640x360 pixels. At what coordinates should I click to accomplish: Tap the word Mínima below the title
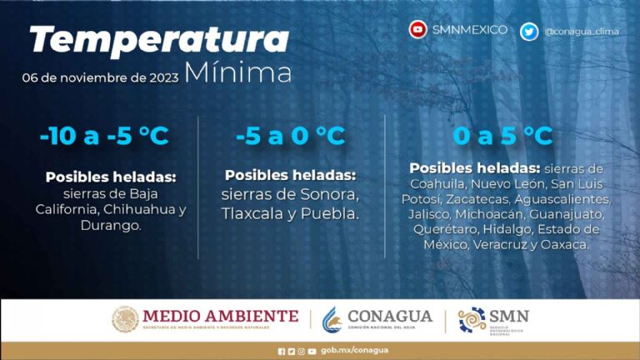pos(237,72)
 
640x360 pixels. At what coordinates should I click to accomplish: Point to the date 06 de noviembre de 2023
pos(101,77)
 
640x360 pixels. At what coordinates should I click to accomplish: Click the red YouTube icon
pos(417,30)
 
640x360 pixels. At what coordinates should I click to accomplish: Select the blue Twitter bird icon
pos(528,32)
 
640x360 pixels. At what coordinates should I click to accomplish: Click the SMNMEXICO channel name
pos(470,30)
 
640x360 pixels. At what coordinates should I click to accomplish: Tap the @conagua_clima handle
pos(582,32)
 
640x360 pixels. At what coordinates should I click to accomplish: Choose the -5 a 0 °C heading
pos(290,136)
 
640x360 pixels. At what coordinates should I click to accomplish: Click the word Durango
pos(111,225)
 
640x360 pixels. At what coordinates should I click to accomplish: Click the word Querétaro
pos(446,229)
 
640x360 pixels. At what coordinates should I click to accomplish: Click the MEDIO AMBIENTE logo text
pos(220,317)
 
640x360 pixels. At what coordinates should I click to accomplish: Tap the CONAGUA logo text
pos(389,317)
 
